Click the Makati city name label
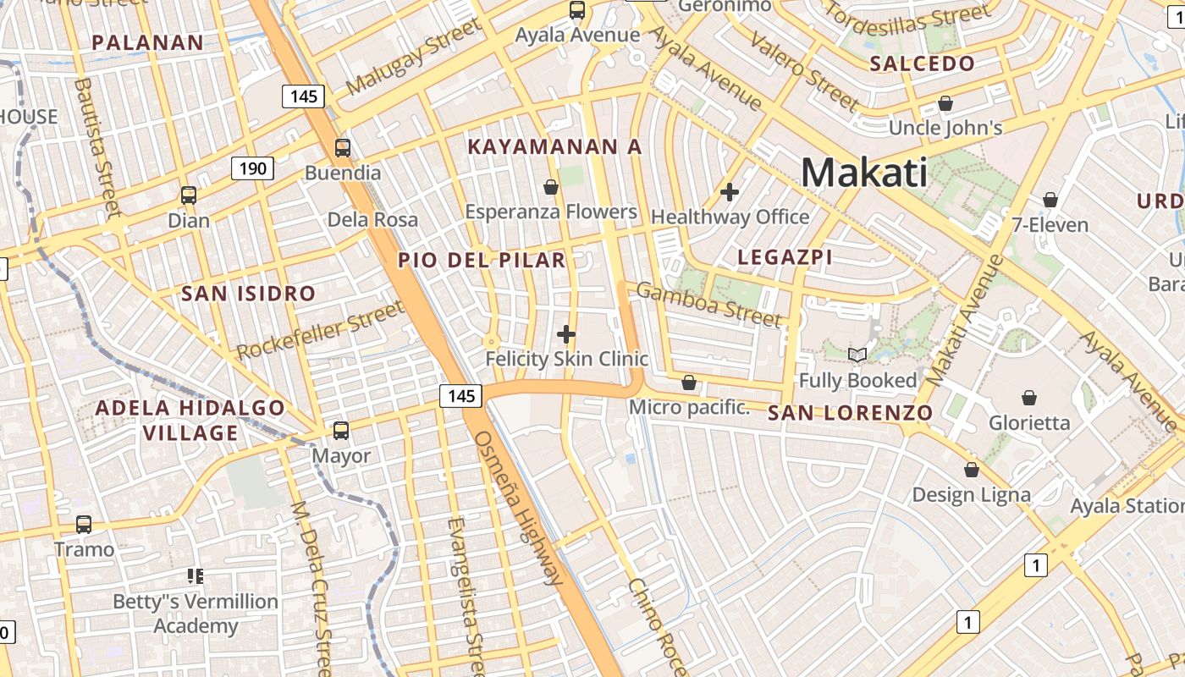[x=863, y=173]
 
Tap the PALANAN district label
[x=147, y=42]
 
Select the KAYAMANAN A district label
[x=554, y=146]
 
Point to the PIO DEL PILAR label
[x=482, y=260]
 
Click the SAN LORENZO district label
[x=850, y=413]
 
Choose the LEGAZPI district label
[x=785, y=257]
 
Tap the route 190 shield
[x=252, y=168]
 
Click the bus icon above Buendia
[x=342, y=148]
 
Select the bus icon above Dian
[x=189, y=195]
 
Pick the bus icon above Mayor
[x=340, y=431]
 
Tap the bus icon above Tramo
[x=84, y=525]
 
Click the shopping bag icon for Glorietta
[x=1029, y=398]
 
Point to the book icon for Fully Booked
[x=857, y=355]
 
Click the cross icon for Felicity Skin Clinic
[x=565, y=335]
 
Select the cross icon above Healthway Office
[x=729, y=192]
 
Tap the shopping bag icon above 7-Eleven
[x=1050, y=201]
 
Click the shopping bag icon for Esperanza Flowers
[x=551, y=187]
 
